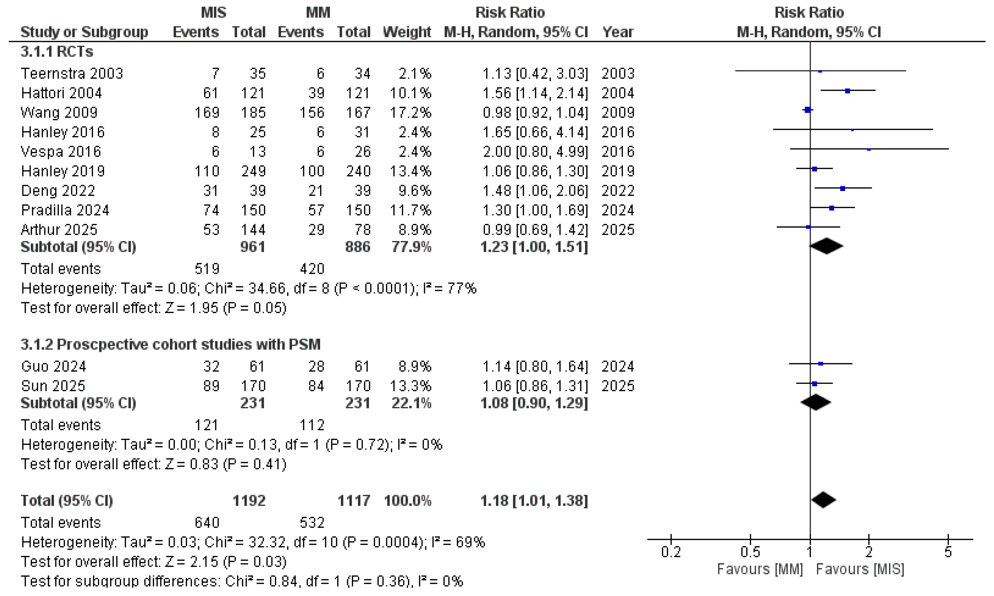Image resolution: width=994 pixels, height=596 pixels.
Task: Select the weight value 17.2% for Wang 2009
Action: pos(410,112)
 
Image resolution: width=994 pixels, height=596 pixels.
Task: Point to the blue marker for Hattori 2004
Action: pos(847,91)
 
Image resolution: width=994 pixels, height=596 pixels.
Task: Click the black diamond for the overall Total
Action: pos(823,500)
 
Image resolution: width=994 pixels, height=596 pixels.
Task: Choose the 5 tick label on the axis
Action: pos(948,552)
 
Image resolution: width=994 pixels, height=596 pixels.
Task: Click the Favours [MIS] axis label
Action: pos(860,569)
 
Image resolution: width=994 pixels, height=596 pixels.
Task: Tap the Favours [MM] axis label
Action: pos(760,569)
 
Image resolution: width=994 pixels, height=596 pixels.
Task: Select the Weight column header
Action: pos(407,32)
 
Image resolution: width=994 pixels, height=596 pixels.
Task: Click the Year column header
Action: pos(618,32)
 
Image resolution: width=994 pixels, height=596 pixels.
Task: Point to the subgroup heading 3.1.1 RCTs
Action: pos(57,52)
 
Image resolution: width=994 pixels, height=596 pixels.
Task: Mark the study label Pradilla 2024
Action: pos(65,210)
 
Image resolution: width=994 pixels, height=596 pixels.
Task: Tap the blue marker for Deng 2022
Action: pos(843,188)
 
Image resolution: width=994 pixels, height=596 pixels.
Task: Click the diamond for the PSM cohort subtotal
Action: pos(815,403)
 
